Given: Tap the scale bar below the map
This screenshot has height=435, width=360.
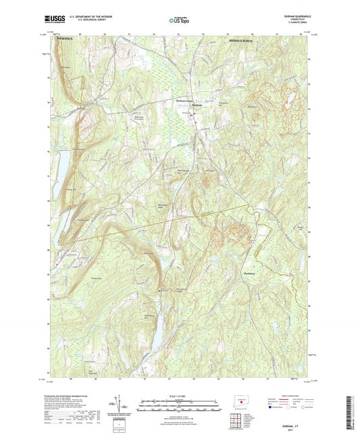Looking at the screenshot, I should [x=180, y=401].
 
